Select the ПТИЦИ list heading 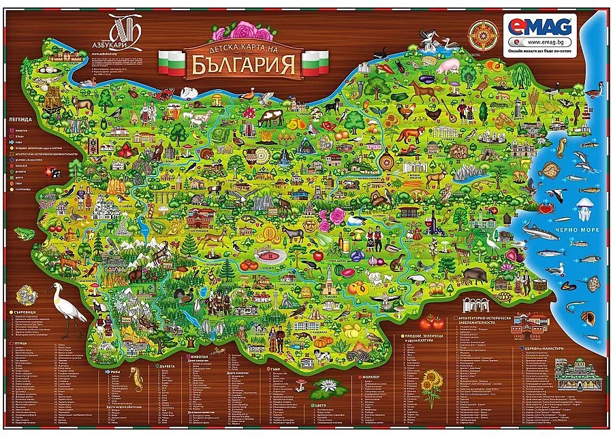click(20, 345)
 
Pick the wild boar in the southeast click(476, 275)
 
